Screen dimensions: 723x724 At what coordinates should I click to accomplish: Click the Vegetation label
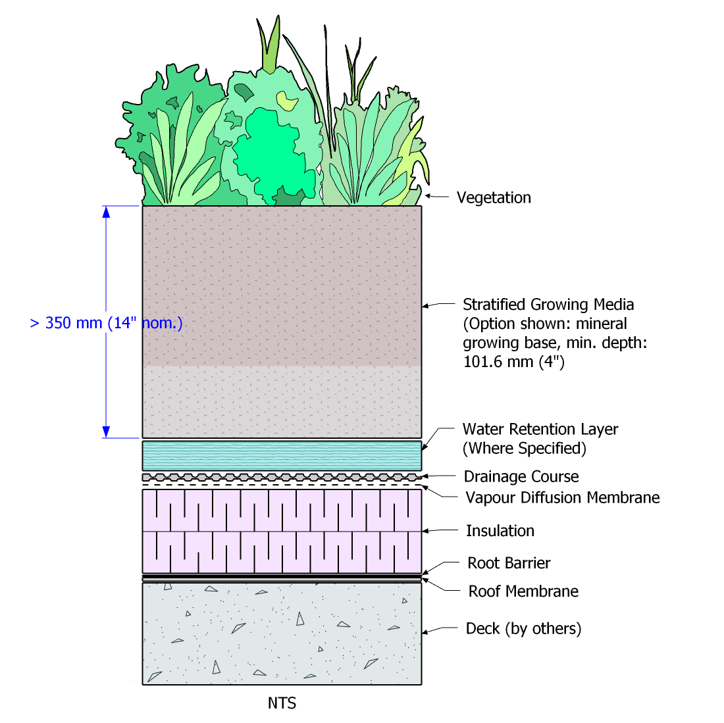tap(494, 197)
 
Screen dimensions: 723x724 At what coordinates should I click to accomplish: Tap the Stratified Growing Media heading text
tap(548, 305)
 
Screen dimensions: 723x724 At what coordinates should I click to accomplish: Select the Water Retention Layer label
tap(540, 430)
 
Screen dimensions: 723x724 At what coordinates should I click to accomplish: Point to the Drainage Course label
tap(521, 476)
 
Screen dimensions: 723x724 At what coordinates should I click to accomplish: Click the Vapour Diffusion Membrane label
tap(563, 497)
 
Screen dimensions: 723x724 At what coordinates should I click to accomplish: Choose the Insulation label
tap(500, 531)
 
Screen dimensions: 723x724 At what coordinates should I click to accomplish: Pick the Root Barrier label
tap(509, 563)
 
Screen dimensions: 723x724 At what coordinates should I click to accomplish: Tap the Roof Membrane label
tap(523, 591)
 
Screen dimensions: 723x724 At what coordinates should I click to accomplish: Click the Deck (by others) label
tap(523, 629)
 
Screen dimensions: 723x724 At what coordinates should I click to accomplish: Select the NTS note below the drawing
tap(282, 703)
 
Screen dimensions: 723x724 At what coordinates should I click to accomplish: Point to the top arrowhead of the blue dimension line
tap(106, 212)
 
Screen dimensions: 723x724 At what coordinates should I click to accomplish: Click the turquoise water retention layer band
tap(282, 455)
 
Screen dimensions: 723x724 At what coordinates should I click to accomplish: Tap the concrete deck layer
tap(282, 633)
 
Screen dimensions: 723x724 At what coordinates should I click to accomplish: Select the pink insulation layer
tap(282, 531)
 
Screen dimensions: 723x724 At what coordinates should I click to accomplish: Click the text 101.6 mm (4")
tap(514, 362)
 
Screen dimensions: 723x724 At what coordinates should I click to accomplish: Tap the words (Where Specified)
tap(524, 449)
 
